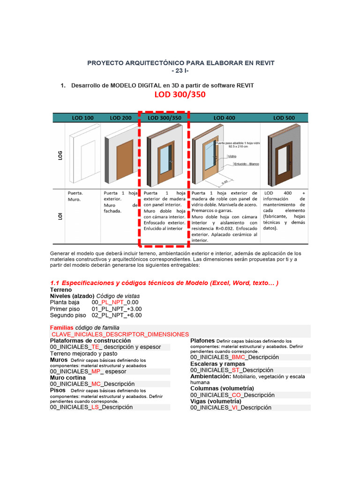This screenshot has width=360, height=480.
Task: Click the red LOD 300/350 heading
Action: [x=180, y=95]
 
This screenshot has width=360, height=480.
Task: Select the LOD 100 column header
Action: [x=82, y=118]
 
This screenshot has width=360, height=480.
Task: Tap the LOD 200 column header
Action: [x=120, y=118]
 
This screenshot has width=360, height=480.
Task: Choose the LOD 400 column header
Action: [x=224, y=118]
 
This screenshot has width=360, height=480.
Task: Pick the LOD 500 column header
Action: [x=285, y=118]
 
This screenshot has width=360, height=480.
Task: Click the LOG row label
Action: [x=60, y=155]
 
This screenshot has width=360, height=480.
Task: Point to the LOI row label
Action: [x=60, y=216]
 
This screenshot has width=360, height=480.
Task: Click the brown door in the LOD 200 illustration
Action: [x=125, y=160]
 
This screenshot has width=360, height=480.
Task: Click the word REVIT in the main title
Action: [x=263, y=62]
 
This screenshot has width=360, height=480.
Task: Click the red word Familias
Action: [x=61, y=327]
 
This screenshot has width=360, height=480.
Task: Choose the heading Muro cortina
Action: [x=68, y=378]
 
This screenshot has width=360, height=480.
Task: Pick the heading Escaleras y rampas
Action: [x=217, y=364]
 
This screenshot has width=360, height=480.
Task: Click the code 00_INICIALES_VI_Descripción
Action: [x=231, y=408]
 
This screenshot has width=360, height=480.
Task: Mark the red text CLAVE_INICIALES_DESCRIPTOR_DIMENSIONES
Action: [x=120, y=334]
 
